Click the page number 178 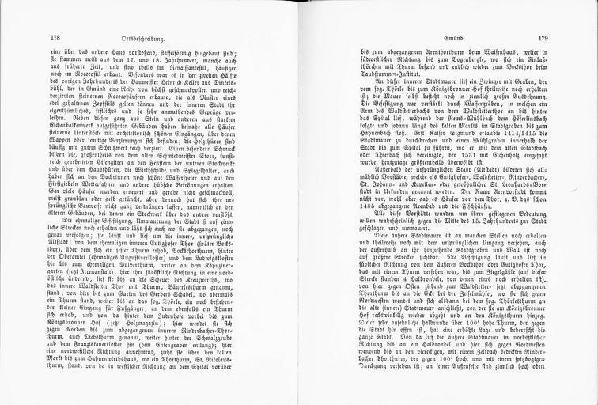click(x=55, y=37)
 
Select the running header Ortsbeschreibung click(x=163, y=37)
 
